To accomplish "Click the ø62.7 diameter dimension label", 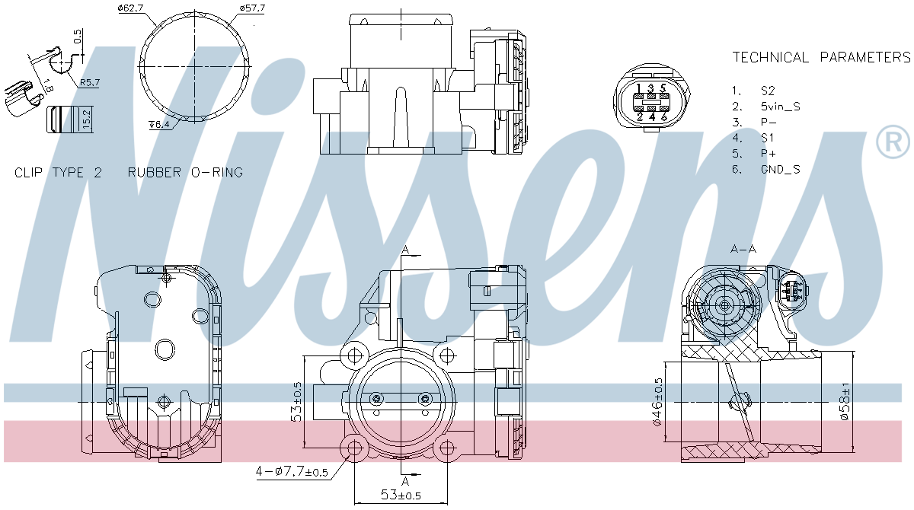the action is click(130, 8).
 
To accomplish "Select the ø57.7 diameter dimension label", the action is click(252, 8).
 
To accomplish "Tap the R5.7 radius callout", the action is click(89, 83).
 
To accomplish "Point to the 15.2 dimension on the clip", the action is click(87, 119).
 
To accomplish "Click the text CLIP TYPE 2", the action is click(58, 173).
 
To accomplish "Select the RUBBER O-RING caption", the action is click(185, 173).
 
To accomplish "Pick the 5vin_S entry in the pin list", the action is click(780, 107).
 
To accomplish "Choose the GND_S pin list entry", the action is click(780, 169).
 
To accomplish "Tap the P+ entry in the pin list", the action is click(768, 154).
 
